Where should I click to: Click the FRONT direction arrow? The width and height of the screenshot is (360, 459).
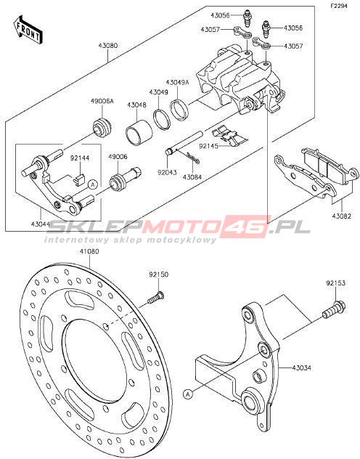pos(28,31)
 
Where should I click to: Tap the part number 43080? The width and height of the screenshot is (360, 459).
pos(108,46)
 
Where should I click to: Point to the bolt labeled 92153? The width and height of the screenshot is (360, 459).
pos(334,310)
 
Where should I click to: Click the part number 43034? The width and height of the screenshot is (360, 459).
pos(301,367)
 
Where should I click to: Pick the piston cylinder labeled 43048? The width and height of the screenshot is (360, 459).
pos(139,131)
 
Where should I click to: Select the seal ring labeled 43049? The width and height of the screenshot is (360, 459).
pos(161,118)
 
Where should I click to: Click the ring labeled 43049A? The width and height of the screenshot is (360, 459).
pos(179,110)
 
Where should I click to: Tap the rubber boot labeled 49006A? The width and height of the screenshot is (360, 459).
pos(102,127)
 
